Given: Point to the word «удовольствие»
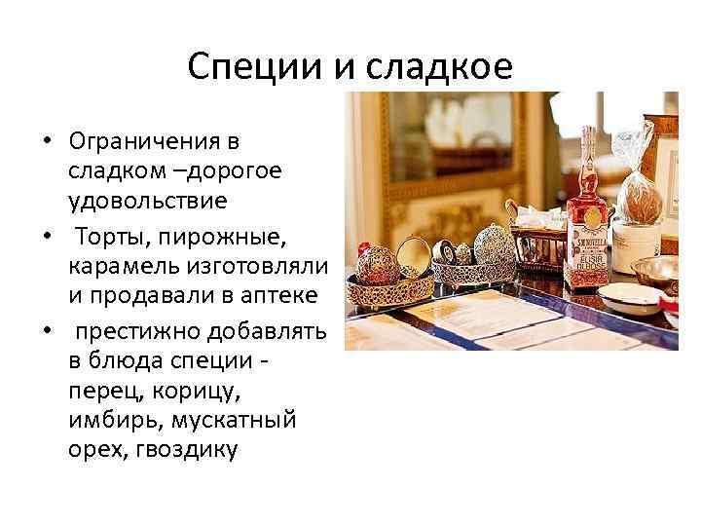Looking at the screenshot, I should point(148,202).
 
